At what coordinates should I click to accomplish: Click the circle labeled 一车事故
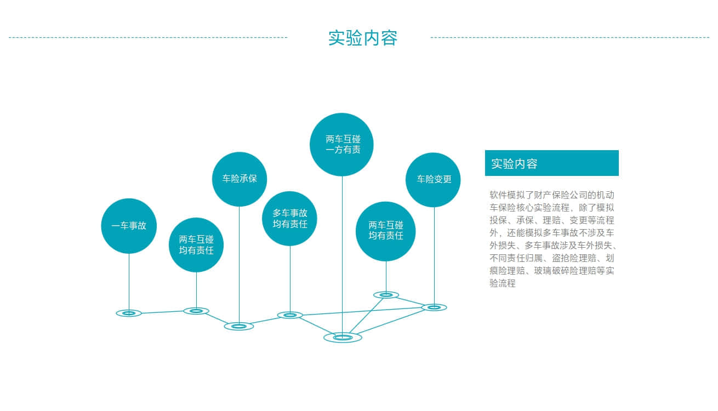tap(129, 226)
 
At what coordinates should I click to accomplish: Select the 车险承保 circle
tap(240, 179)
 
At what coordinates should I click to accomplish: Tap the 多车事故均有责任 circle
tap(289, 219)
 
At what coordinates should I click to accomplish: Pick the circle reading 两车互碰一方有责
tap(341, 145)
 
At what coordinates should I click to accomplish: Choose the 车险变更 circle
tap(433, 180)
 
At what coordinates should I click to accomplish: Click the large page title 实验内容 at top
tap(363, 38)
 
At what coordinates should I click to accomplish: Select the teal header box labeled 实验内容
tap(551, 163)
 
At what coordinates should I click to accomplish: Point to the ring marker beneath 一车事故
tap(129, 313)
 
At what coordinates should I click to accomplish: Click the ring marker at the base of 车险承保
tap(239, 327)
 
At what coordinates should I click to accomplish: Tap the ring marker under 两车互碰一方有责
tap(343, 337)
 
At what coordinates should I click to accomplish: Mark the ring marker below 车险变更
tap(434, 307)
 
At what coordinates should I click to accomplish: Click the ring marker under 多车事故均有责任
tap(290, 315)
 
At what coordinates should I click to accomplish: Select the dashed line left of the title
tap(148, 37)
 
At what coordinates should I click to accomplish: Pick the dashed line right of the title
tap(570, 37)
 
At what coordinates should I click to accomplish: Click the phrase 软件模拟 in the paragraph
tap(507, 195)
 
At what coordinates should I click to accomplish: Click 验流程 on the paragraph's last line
tap(503, 283)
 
